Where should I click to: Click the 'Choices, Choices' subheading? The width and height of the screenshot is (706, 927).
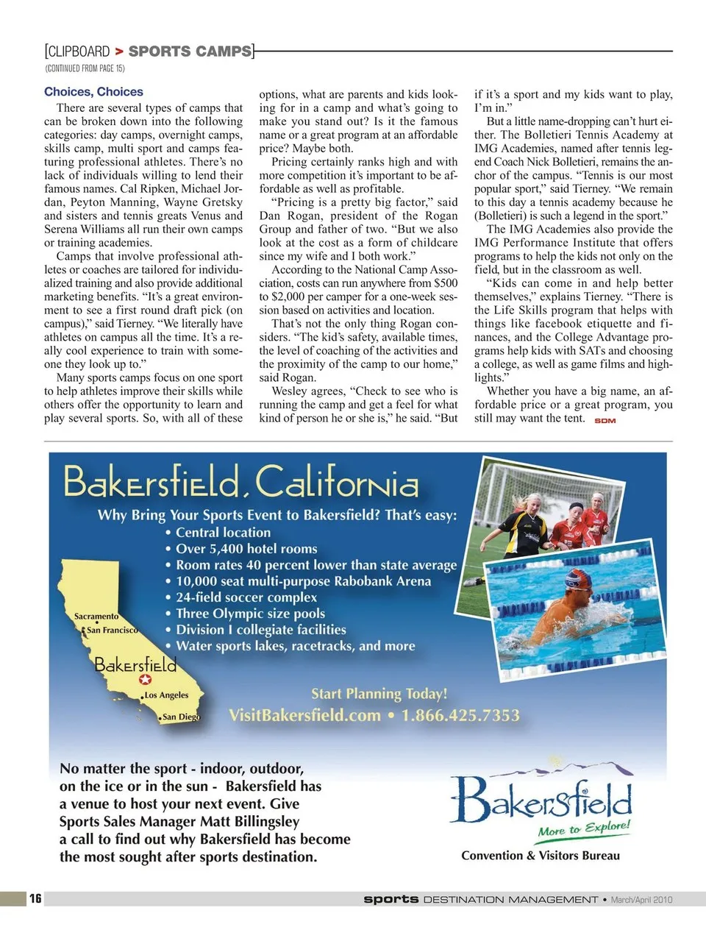(x=93, y=92)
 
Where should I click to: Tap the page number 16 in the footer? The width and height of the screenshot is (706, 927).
(x=35, y=898)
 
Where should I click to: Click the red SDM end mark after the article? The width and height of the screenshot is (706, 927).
(x=605, y=421)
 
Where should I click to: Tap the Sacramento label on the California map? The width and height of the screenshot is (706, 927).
(x=96, y=616)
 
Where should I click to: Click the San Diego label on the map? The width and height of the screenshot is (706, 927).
(x=181, y=717)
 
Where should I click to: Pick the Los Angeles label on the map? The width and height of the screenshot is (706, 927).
(x=166, y=695)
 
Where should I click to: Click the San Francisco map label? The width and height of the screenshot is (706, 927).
(x=112, y=630)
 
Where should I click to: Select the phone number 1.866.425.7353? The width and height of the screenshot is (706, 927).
(x=460, y=715)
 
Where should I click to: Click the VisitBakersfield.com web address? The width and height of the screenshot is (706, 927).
(x=304, y=715)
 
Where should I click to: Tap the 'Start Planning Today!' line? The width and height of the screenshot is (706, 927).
(x=379, y=693)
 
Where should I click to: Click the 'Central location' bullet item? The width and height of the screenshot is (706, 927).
(x=223, y=532)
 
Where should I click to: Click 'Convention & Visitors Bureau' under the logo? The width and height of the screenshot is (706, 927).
(x=541, y=856)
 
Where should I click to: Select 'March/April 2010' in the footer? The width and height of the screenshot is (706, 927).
(x=641, y=899)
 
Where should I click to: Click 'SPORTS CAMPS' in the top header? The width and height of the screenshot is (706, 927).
(x=190, y=51)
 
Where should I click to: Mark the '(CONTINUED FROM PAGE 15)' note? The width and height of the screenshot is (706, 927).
(x=85, y=68)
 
